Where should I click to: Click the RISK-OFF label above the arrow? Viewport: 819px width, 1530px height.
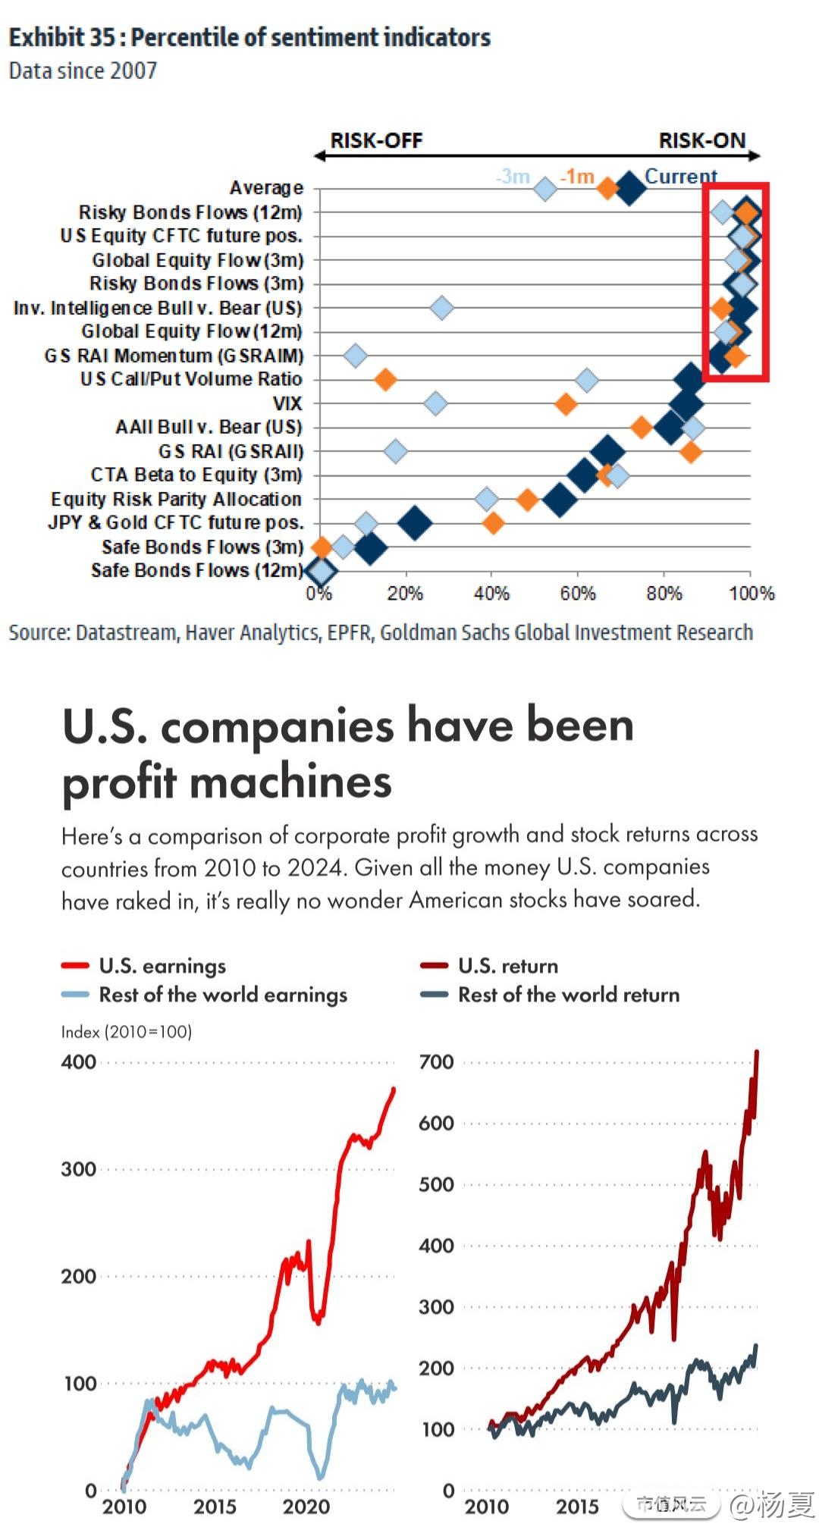(376, 141)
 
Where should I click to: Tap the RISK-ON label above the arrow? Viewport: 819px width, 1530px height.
(701, 141)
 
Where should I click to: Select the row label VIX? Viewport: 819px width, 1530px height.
(287, 403)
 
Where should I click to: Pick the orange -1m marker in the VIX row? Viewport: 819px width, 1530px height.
(566, 403)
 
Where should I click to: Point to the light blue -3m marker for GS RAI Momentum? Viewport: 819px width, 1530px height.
(355, 355)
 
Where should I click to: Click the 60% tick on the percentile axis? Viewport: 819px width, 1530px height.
(577, 594)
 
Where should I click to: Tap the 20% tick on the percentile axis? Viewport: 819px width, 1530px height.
(404, 594)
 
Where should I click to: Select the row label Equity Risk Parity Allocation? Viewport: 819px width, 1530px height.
(176, 499)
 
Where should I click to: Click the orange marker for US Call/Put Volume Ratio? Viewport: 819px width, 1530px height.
(385, 379)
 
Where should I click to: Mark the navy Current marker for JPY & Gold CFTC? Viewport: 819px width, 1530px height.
(415, 522)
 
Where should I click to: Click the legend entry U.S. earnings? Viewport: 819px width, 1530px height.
(162, 966)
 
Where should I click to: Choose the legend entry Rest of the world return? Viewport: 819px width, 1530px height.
(568, 995)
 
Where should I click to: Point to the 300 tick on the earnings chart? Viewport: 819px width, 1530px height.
(79, 1169)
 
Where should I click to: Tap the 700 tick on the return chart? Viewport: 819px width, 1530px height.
(436, 1062)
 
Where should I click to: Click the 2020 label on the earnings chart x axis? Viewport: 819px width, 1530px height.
(306, 1506)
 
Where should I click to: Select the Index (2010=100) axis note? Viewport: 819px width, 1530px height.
(127, 1032)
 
